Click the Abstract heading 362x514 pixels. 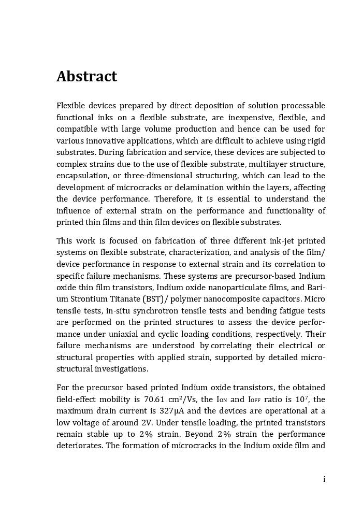(86, 77)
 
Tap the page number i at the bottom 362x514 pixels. (324, 479)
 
